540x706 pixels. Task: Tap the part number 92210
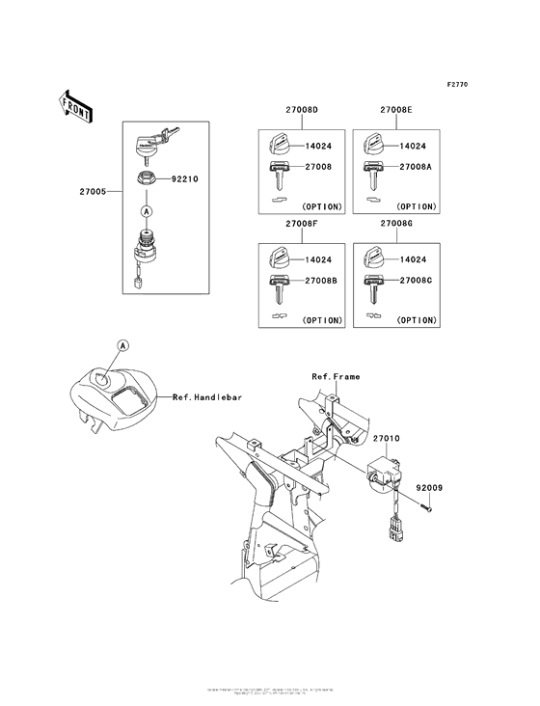click(x=185, y=179)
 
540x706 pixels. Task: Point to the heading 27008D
click(x=301, y=113)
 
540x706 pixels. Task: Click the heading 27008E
click(x=396, y=113)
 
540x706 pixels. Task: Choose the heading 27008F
click(x=301, y=224)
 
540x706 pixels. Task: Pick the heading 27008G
click(x=396, y=224)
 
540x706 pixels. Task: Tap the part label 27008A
click(x=418, y=167)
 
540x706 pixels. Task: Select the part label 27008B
click(x=322, y=280)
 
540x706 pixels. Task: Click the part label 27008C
click(x=418, y=280)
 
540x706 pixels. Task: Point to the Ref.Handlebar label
click(x=206, y=396)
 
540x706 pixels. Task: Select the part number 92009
click(x=430, y=489)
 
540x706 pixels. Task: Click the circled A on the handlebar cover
click(x=122, y=345)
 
